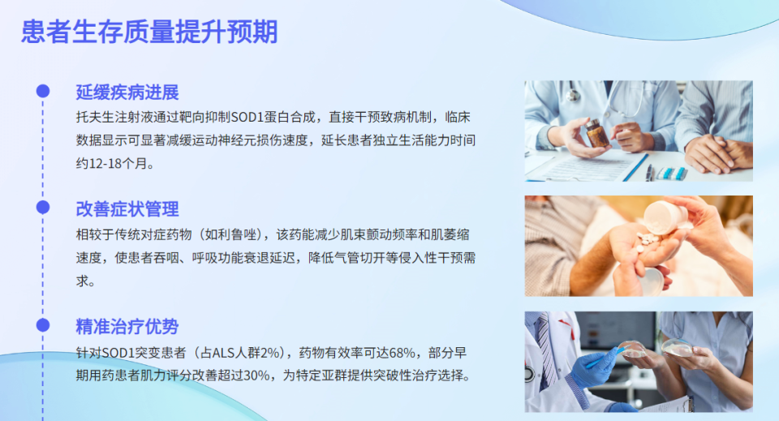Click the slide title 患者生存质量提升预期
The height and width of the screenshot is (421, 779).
[x=149, y=32]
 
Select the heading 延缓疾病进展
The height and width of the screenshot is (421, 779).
[x=127, y=92]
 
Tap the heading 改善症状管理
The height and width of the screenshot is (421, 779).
[x=127, y=209]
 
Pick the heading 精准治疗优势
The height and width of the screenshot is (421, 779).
[x=127, y=326]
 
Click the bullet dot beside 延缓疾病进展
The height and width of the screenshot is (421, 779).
[x=43, y=91]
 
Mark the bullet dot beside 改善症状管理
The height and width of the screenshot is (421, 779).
[x=43, y=208]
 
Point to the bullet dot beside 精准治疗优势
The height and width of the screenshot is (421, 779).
[x=43, y=325]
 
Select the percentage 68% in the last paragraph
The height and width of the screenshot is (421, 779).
[x=402, y=353]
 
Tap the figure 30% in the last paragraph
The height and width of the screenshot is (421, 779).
[x=256, y=376]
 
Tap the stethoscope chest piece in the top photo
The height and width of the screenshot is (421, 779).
[x=574, y=94]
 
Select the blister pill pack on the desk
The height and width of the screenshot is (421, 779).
[x=672, y=174]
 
